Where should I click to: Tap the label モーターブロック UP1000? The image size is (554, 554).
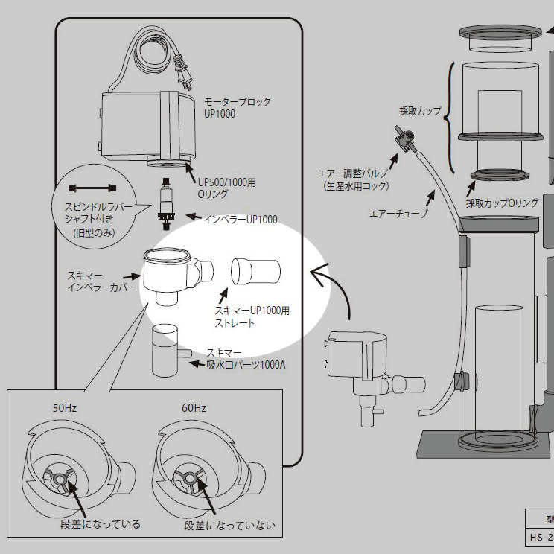click(237, 107)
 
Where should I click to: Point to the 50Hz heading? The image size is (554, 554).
click(65, 409)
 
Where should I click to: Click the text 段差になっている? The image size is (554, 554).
click(101, 525)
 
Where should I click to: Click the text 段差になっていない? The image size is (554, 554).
click(229, 526)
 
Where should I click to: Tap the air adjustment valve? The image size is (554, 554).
click(400, 140)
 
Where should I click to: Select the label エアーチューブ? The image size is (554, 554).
click(398, 214)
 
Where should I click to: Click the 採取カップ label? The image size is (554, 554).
click(420, 112)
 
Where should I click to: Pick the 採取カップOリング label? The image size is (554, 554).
click(502, 203)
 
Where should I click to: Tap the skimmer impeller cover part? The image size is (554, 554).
click(173, 273)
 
